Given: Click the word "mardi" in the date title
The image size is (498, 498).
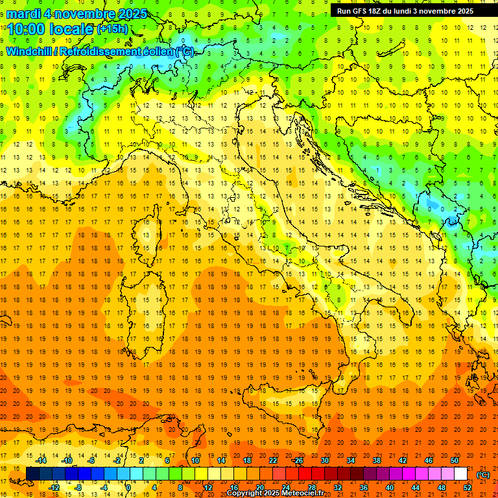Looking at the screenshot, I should [24, 14].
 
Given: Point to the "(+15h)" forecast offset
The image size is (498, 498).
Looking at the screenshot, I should [112, 29].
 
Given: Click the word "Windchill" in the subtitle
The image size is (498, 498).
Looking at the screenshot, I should [30, 51].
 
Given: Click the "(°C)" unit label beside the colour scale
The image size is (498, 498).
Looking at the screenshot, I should [483, 475].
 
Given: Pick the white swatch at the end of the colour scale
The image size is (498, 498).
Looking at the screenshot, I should [460, 474].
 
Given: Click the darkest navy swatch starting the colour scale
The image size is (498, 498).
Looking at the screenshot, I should [32, 474].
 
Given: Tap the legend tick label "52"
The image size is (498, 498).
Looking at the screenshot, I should [468, 488].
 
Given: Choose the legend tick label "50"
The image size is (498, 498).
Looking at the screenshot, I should [454, 460].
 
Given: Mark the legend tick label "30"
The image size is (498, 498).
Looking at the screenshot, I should [324, 460].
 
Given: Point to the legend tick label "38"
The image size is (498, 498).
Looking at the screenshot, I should [376, 460].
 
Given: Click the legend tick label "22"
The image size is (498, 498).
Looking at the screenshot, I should [272, 460].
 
